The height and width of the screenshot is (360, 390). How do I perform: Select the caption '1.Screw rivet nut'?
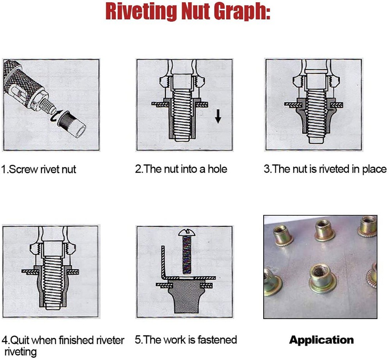pyautogui.click(x=39, y=170)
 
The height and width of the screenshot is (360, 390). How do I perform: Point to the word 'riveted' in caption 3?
pyautogui.click(x=335, y=169)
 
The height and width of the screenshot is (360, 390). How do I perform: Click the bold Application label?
pyautogui.click(x=321, y=340)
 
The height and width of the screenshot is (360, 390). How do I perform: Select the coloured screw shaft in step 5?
pyautogui.click(x=186, y=255)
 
